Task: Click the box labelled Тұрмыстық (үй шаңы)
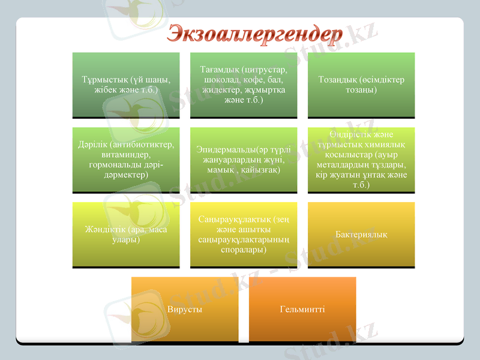126,85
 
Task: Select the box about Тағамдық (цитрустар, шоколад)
244,85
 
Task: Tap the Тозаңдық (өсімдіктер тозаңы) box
361,85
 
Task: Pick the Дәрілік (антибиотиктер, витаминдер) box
126,160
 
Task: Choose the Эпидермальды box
244,160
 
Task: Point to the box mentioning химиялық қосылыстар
361,160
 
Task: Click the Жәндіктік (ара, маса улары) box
126,235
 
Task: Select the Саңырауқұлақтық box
244,235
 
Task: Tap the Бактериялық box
361,235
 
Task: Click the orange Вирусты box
184,310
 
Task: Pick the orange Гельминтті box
302,310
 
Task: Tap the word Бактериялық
361,235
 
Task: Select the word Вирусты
184,310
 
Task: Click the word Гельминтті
302,310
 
